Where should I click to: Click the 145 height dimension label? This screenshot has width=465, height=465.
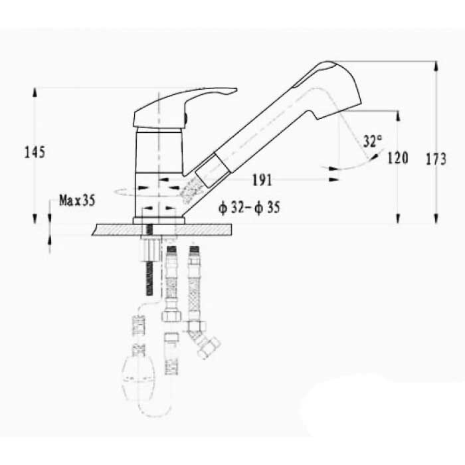coord(35,152)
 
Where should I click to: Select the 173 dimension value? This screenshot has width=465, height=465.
coord(436,159)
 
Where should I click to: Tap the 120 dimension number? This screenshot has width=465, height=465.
coord(398,158)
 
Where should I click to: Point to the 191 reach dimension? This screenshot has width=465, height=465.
coord(262,180)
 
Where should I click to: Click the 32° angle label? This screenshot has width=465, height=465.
coord(373,141)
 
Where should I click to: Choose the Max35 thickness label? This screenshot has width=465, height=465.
coord(77,201)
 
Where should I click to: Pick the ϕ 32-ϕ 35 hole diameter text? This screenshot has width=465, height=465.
coord(249,207)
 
